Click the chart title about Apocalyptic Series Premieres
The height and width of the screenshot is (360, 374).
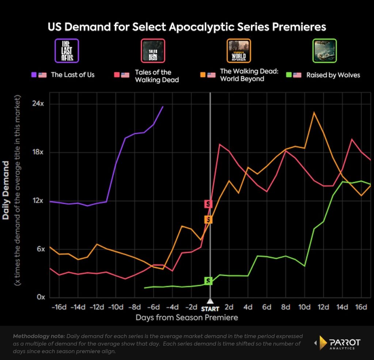187,27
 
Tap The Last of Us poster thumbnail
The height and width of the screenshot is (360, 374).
66,50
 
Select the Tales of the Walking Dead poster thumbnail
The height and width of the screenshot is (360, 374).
153,50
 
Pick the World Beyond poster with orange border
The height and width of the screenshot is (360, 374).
238,50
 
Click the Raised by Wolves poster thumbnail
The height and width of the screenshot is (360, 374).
325,50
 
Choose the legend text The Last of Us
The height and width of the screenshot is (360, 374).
73,75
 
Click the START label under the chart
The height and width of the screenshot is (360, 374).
210,309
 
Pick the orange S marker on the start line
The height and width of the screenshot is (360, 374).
208,219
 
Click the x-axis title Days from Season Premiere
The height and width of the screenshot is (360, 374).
187,318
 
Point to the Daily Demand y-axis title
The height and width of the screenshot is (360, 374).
6,189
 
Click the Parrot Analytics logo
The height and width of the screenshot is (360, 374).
337,343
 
